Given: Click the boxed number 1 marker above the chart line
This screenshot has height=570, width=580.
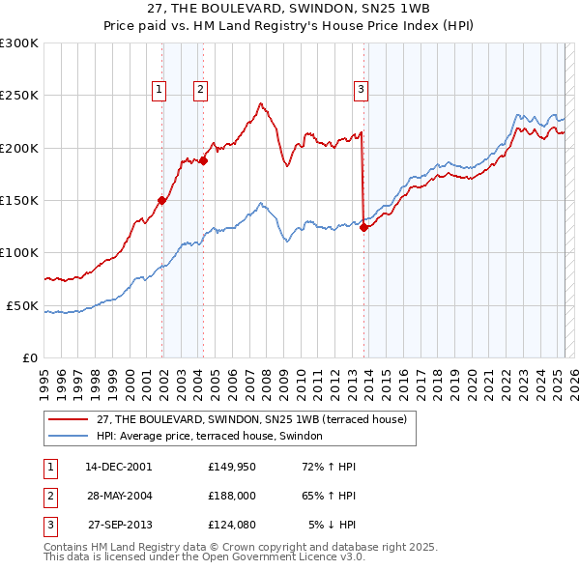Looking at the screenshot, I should [159, 90].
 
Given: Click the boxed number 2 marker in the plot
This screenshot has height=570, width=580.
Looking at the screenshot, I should [200, 90].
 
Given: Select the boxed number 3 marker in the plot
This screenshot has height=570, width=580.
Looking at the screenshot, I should [361, 90].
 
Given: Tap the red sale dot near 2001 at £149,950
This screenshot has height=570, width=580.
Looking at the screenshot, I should [162, 200].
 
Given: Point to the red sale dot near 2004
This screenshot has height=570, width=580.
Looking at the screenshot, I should [204, 160].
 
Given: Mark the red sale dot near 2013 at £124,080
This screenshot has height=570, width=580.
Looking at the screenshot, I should [364, 228].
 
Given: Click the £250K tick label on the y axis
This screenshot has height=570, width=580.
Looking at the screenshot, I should [19, 96].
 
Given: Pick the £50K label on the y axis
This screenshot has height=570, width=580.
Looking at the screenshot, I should [23, 305].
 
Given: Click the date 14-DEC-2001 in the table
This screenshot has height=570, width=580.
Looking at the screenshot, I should [119, 467].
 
